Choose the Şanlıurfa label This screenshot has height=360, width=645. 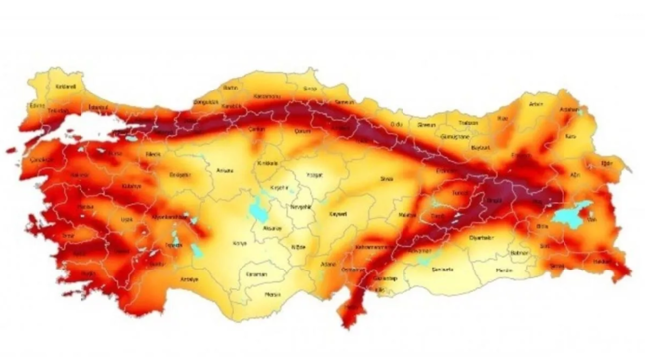(440, 270)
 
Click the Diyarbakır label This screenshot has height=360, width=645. (480, 237)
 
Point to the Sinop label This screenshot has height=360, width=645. (311, 89)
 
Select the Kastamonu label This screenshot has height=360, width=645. (268, 95)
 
